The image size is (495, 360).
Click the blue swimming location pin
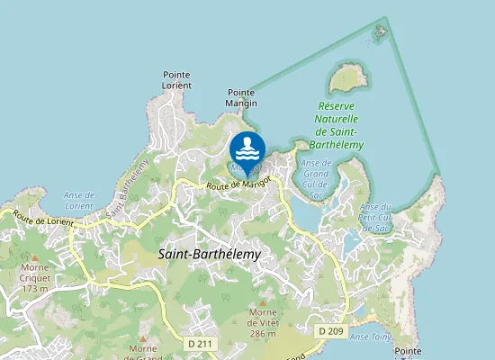pos(247,149)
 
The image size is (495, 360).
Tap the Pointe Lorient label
pos(176,80)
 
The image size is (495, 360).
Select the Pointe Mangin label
pos(242,97)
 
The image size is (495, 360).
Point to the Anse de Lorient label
pos(78,200)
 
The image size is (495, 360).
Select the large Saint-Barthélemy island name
pos(209,255)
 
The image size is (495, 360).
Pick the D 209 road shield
pos(330,331)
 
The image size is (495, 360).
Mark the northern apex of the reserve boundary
pos(387,19)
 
